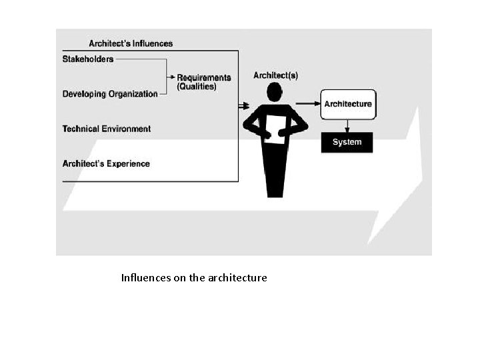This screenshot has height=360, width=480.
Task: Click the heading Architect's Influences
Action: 131,43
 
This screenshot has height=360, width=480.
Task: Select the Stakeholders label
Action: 88,59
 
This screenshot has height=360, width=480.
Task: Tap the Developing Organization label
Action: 110,94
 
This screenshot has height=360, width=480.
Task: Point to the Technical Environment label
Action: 107,129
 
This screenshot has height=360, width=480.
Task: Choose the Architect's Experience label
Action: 106,163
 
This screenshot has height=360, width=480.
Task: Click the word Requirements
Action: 204,77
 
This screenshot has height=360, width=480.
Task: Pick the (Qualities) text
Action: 197,87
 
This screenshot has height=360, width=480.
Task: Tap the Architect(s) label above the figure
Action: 275,75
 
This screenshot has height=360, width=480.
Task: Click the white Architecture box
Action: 347,104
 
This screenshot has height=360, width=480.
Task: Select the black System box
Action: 347,142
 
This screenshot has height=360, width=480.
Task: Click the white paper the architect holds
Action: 275,129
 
